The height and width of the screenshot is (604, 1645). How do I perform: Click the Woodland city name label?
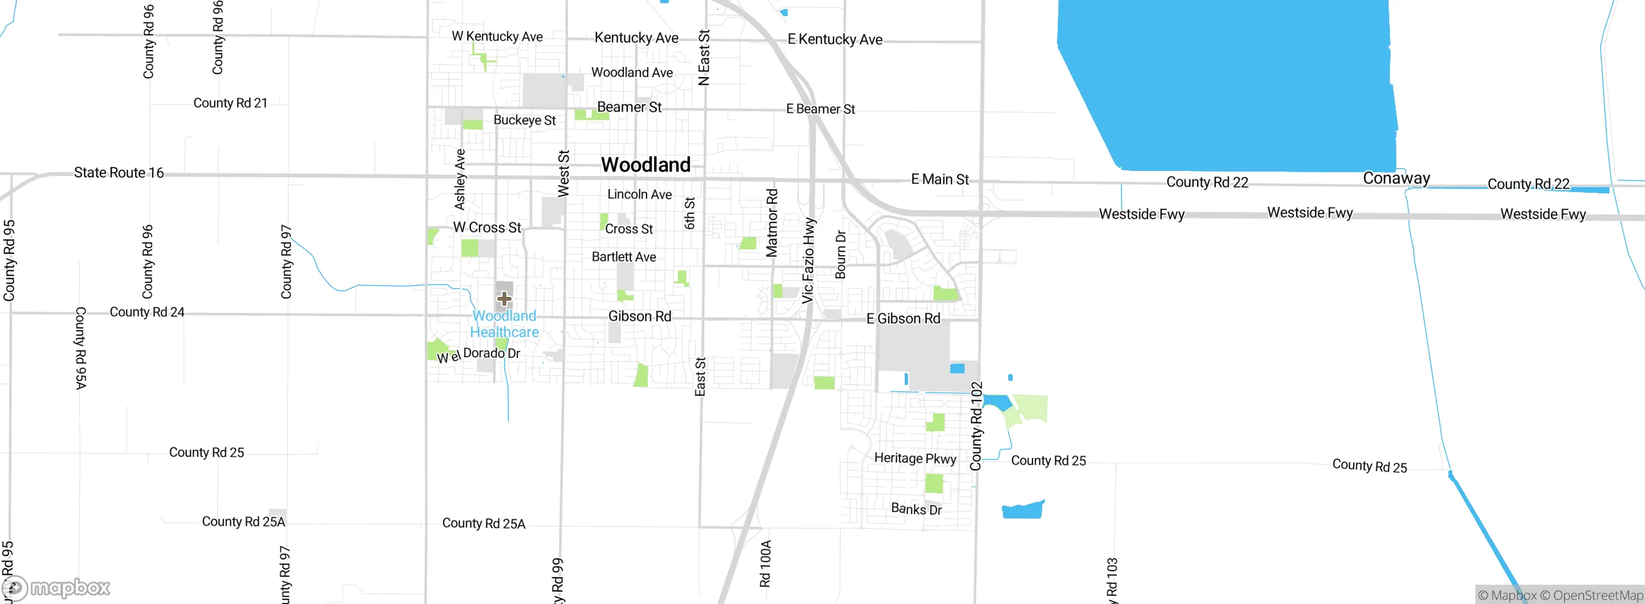tap(646, 165)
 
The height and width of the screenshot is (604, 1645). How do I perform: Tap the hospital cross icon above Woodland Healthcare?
tap(504, 299)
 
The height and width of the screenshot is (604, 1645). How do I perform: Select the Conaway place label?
tap(1396, 178)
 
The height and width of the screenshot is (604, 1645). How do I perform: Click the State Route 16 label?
tap(119, 173)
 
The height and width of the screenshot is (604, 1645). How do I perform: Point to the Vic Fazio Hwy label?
tap(808, 260)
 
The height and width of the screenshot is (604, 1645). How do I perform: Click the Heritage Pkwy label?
tap(915, 458)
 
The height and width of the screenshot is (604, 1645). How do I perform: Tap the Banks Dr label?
tap(916, 510)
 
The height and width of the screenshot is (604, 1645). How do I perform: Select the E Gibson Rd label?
tap(903, 319)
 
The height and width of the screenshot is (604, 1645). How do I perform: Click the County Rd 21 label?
tap(230, 103)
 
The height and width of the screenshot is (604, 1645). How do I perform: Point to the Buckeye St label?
tap(524, 120)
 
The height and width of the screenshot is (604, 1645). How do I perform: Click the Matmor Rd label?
tap(772, 222)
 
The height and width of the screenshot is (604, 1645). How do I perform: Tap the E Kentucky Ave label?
tap(835, 40)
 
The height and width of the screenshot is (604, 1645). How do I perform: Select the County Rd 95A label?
tap(80, 348)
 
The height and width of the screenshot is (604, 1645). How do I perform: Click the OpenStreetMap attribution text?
tap(1597, 596)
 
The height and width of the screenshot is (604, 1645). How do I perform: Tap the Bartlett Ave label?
tap(623, 257)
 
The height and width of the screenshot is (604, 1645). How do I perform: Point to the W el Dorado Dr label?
tap(479, 355)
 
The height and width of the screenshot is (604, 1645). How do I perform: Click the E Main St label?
tap(939, 180)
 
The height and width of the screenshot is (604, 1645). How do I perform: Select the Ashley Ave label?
tap(460, 179)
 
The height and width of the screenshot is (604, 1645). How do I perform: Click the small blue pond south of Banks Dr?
tap(1022, 510)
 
